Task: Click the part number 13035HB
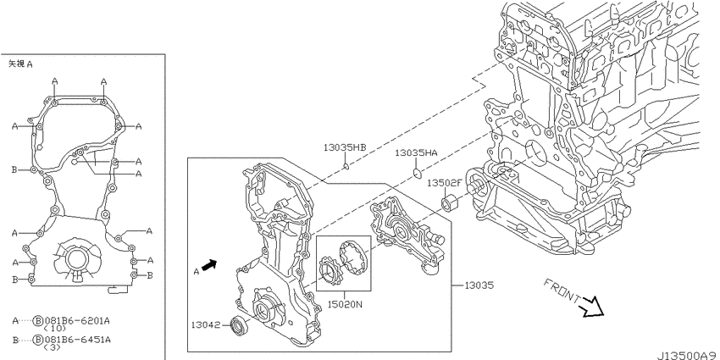coord(345,147)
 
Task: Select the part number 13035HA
coord(417,153)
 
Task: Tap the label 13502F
coord(445,183)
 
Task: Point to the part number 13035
coord(479,285)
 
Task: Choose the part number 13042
coord(206,325)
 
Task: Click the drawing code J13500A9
coord(688,356)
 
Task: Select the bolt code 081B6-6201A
coord(77,321)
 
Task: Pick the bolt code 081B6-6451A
coord(77,340)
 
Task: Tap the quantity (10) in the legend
coord(49,329)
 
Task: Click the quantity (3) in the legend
coord(48,347)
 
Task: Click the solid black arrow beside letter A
coord(209,266)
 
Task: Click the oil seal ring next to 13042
coord(241,325)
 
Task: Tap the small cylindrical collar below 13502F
coord(449,202)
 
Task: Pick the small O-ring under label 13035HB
coord(346,166)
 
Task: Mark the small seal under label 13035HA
coord(417,173)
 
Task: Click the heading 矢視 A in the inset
coord(20,64)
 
